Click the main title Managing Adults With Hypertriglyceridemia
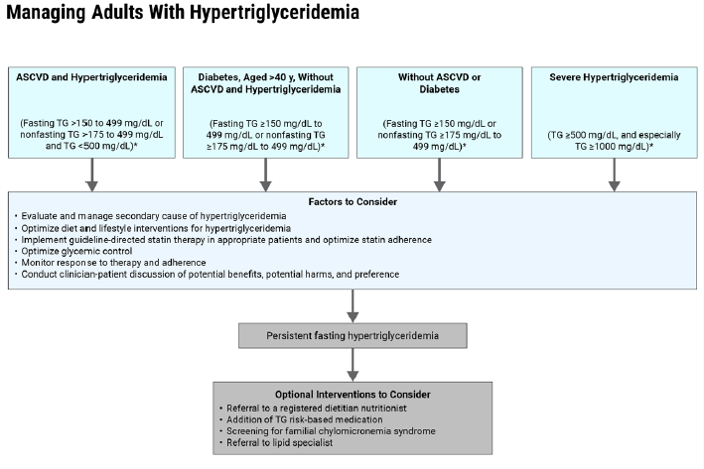(x=181, y=14)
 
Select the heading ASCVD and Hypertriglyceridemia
(x=91, y=76)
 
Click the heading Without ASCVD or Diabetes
(x=439, y=82)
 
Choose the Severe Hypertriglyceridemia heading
(x=614, y=76)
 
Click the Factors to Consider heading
(x=352, y=201)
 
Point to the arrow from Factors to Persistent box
(x=352, y=303)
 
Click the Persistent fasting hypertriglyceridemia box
(x=352, y=336)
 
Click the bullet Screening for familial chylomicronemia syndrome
(x=327, y=431)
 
